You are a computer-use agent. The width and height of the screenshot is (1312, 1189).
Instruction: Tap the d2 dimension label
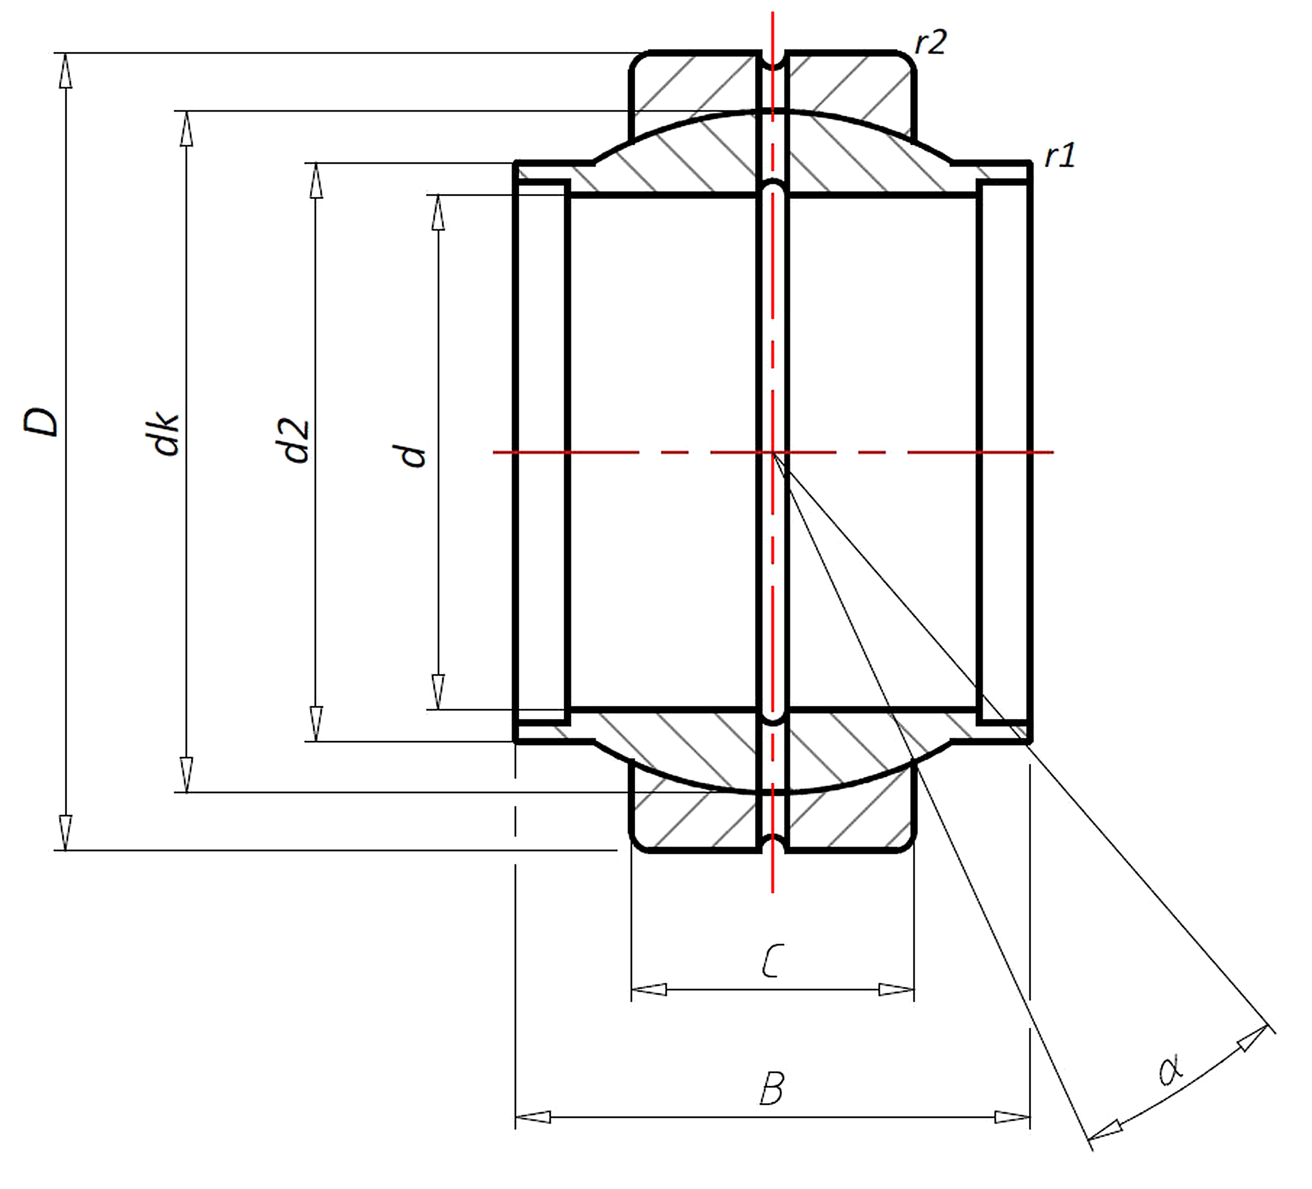tap(296, 441)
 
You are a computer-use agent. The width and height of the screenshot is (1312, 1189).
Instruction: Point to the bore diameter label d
tap(413, 455)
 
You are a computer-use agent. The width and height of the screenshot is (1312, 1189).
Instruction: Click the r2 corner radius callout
tap(930, 43)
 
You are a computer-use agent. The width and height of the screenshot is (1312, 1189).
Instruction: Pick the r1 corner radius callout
tap(1059, 157)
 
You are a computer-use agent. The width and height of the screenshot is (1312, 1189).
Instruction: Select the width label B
tap(772, 1089)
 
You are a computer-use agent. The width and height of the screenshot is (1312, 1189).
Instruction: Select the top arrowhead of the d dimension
tap(438, 212)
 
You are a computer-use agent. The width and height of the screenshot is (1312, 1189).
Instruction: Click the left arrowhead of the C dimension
tap(649, 990)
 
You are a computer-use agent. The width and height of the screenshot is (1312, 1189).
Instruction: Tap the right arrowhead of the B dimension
tap(1012, 1117)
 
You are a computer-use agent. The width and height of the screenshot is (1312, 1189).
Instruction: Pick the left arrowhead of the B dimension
tap(532, 1117)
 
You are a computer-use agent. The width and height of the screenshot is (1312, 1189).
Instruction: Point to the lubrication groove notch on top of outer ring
tap(772, 61)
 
